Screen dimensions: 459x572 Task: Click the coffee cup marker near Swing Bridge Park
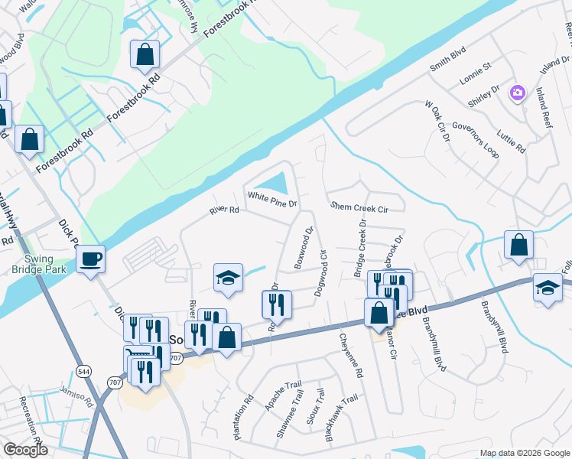(x=91, y=259)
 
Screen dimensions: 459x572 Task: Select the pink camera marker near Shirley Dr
(x=518, y=93)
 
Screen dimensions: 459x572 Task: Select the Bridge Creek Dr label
(x=359, y=249)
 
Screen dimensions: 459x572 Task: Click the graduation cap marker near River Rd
(x=228, y=278)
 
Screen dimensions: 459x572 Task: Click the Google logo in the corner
(x=25, y=450)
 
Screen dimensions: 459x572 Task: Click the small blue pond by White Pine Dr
(x=273, y=184)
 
